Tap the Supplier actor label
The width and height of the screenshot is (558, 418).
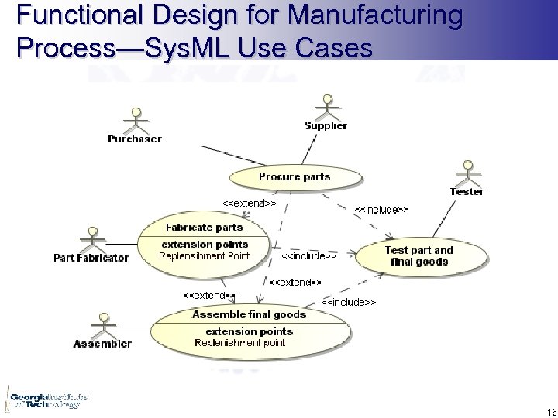point(325,125)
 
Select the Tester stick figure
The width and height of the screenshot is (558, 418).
point(467,173)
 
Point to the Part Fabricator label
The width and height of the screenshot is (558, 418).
point(91,258)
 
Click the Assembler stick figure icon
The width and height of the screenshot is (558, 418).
point(102,324)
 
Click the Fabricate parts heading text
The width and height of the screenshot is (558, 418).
point(204,228)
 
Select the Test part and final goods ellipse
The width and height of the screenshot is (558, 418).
point(418,256)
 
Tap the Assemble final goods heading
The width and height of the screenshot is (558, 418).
point(249,314)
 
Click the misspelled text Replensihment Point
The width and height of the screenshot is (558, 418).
point(204,256)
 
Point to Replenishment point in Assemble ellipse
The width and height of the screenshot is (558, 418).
point(240,343)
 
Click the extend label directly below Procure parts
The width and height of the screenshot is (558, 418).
point(250,203)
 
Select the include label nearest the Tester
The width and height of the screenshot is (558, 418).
point(381,209)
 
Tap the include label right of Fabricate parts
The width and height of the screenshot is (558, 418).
point(309,255)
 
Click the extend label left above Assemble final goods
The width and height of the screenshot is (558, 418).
point(209,295)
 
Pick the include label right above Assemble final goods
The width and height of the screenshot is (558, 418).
point(349,302)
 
